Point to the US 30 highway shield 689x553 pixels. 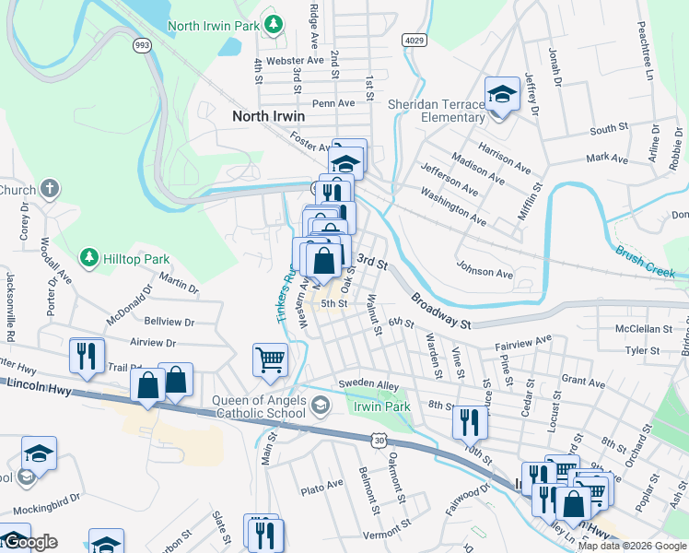pyautogui.click(x=380, y=441)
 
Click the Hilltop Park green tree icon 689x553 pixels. pyautogui.click(x=89, y=255)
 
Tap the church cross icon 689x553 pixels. pyautogui.click(x=51, y=190)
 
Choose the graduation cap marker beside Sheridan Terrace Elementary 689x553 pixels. pyautogui.click(x=502, y=96)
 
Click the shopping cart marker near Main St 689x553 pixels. pyautogui.click(x=270, y=359)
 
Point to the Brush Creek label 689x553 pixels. pyautogui.click(x=646, y=262)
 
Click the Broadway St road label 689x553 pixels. pyautogui.click(x=441, y=312)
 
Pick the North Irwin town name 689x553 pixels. pyautogui.click(x=268, y=116)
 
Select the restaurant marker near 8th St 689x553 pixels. pyautogui.click(x=470, y=422)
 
